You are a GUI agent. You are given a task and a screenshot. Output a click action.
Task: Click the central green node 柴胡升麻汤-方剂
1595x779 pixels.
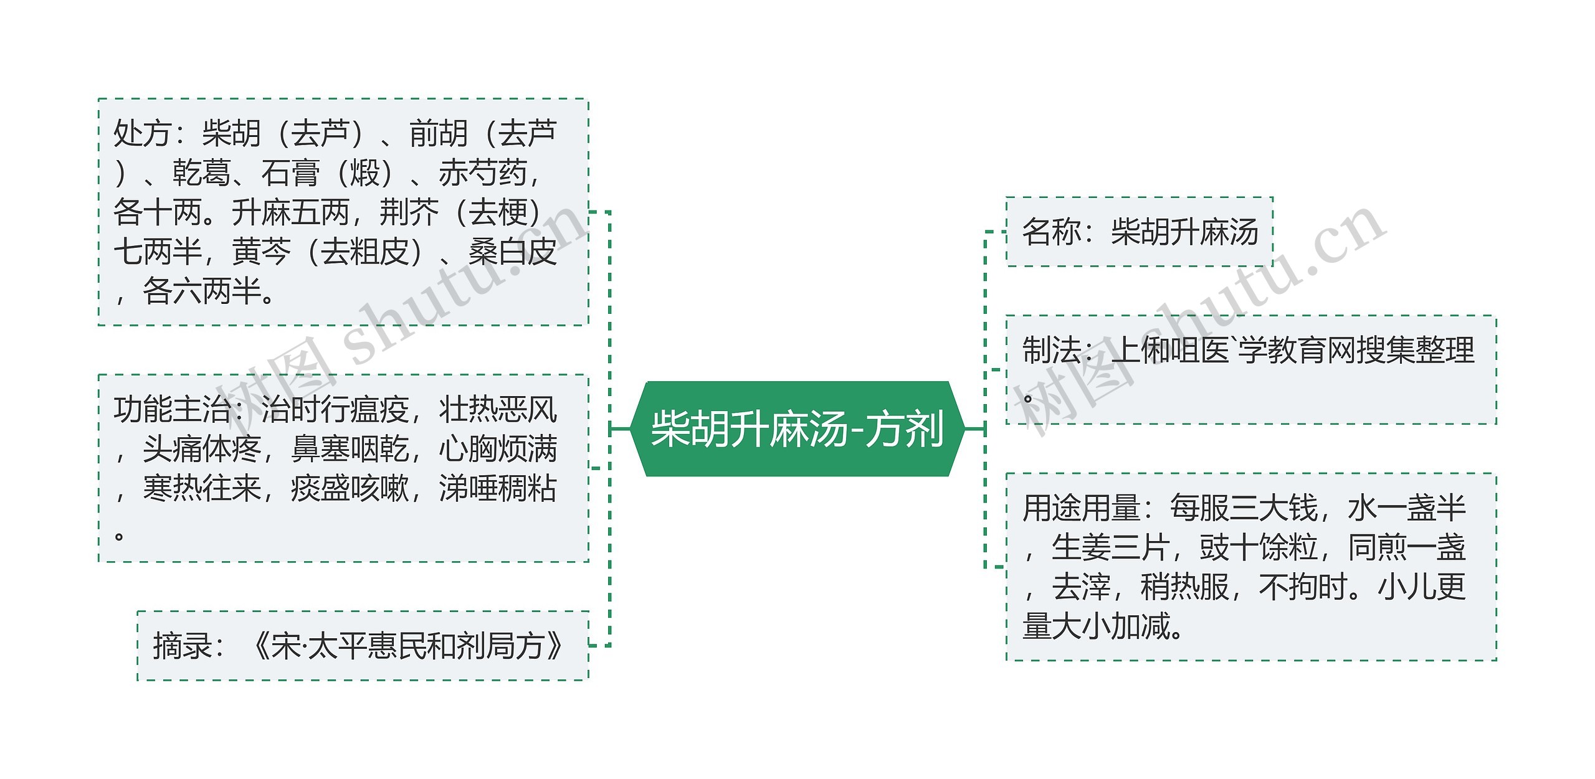797,429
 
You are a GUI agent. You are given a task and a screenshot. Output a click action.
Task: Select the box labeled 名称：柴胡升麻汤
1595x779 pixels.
1140,232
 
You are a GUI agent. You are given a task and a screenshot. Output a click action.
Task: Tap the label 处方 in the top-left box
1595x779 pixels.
142,133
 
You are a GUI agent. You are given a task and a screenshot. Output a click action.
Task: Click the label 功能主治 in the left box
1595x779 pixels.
172,410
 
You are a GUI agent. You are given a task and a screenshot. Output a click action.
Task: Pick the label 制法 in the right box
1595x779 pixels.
1051,350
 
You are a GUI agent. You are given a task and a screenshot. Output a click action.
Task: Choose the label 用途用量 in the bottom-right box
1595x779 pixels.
1081,508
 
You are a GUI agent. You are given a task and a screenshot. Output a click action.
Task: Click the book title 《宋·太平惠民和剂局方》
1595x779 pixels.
408,646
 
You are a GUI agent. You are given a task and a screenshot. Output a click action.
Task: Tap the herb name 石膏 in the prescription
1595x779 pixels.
290,173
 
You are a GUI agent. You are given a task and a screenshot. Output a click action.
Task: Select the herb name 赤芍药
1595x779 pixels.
483,173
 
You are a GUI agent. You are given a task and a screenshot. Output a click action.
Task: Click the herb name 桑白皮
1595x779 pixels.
512,252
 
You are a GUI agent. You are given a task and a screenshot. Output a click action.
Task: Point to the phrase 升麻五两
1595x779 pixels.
290,213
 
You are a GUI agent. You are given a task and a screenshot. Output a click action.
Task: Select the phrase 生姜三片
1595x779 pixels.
1110,548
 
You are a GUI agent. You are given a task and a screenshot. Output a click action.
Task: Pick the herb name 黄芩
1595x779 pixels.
261,252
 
